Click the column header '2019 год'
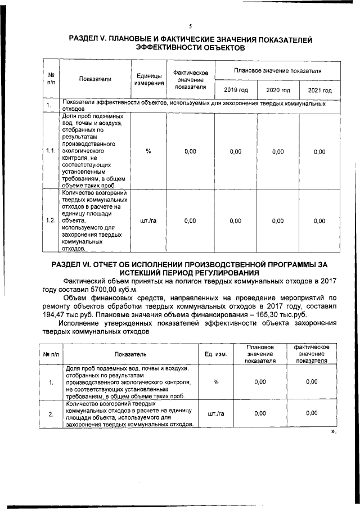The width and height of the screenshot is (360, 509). tap(236, 90)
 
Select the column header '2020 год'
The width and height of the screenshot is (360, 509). tap(277, 90)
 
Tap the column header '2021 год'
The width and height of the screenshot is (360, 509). tap(319, 90)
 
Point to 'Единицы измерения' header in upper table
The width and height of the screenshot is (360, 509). tap(148, 79)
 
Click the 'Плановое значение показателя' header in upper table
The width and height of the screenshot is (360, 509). tap(277, 71)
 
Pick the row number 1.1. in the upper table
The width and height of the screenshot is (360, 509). tap(50, 151)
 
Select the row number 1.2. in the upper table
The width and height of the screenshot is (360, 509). tap(50, 220)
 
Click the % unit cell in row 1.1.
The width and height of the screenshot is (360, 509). tap(148, 151)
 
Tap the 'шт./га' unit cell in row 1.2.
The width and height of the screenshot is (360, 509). tap(148, 220)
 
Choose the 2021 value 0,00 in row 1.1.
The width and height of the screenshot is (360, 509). tap(319, 151)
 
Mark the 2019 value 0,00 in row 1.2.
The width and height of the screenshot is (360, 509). tap(236, 220)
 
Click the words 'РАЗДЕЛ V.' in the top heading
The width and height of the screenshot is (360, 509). tap(91, 40)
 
